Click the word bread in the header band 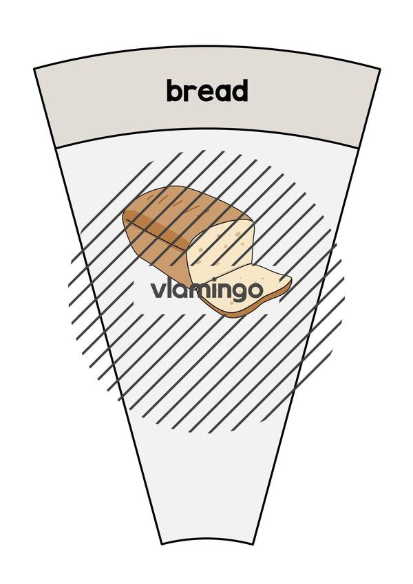point(207,91)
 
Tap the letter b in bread point(174,91)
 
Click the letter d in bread point(239,91)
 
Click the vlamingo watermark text point(207,290)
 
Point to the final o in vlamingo point(255,290)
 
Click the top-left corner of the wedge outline point(34,69)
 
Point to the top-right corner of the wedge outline point(380,69)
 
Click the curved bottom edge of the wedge point(207,538)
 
